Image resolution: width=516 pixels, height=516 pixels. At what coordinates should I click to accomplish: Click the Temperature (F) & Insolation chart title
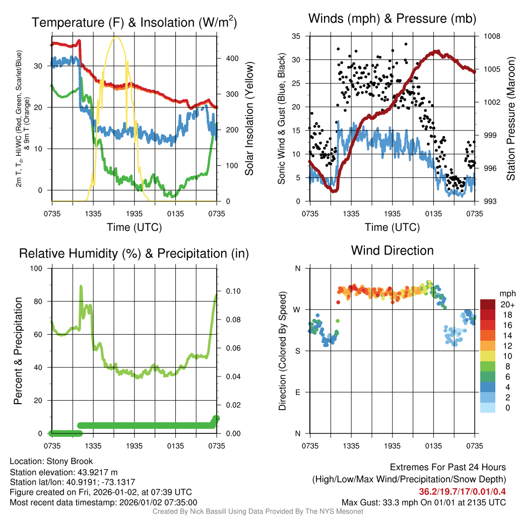point(134,23)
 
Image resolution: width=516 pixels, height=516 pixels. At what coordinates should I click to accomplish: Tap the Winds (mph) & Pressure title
point(392,19)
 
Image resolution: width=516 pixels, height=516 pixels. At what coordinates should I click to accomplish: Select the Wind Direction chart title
point(392,250)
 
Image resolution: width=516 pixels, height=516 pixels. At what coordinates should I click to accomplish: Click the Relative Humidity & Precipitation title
point(134,253)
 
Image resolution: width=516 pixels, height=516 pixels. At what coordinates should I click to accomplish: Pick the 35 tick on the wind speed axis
point(296,36)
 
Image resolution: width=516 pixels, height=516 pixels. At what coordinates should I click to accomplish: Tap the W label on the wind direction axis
point(297,310)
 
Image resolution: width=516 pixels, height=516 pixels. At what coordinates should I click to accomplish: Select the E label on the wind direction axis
point(298,392)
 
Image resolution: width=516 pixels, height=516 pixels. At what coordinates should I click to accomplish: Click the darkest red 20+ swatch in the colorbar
point(488,304)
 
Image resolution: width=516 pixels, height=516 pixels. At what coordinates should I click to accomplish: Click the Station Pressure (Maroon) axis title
point(510,118)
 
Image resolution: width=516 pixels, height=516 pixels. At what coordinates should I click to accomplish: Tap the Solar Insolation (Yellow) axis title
point(249,118)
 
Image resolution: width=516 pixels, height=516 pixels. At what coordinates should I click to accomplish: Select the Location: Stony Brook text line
point(51,461)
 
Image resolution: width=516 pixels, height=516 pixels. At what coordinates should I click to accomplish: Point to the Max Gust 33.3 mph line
point(423,502)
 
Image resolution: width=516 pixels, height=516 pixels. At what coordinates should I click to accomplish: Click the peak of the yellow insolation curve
point(116,37)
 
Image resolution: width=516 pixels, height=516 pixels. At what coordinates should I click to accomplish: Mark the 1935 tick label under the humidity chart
point(134,446)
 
